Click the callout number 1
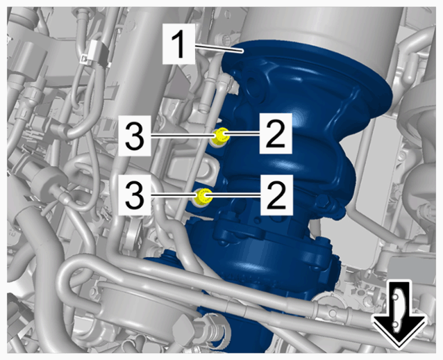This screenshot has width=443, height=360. [179, 44]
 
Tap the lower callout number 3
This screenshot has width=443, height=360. [135, 195]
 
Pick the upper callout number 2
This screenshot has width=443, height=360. [276, 133]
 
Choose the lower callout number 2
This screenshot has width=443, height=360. [276, 195]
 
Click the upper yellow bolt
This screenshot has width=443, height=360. [220, 136]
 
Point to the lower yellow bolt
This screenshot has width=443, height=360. [204, 197]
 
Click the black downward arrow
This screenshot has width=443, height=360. [399, 314]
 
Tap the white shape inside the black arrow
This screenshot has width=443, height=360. [398, 311]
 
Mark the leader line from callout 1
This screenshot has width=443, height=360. [219, 48]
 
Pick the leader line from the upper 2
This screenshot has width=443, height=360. [242, 133]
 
